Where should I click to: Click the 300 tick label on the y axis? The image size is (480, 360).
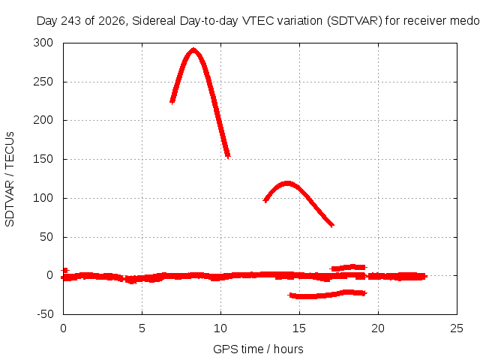pyautogui.click(x=43, y=43)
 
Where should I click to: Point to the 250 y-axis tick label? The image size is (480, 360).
pyautogui.click(x=43, y=82)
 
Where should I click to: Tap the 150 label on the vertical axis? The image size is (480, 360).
pyautogui.click(x=43, y=159)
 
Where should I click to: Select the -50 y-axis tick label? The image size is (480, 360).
pyautogui.click(x=45, y=314)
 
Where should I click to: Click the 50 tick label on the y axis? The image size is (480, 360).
pyautogui.click(x=46, y=237)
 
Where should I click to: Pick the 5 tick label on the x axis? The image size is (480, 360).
pyautogui.click(x=142, y=328)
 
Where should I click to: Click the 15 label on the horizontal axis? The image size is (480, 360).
pyautogui.click(x=299, y=328)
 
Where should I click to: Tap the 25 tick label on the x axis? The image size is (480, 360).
pyautogui.click(x=457, y=328)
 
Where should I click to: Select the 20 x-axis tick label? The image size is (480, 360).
pyautogui.click(x=378, y=328)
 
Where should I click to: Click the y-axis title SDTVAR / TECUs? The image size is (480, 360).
pyautogui.click(x=10, y=179)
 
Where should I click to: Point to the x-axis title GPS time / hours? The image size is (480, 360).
pyautogui.click(x=258, y=349)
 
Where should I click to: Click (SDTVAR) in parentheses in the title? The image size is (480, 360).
pyautogui.click(x=355, y=21)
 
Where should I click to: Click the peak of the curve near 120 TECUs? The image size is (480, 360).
pyautogui.click(x=287, y=182)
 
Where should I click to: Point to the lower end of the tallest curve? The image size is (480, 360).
pyautogui.click(x=228, y=157)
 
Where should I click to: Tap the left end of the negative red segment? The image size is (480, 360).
pyautogui.click(x=290, y=295)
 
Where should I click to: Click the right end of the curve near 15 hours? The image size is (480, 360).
pyautogui.click(x=333, y=226)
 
